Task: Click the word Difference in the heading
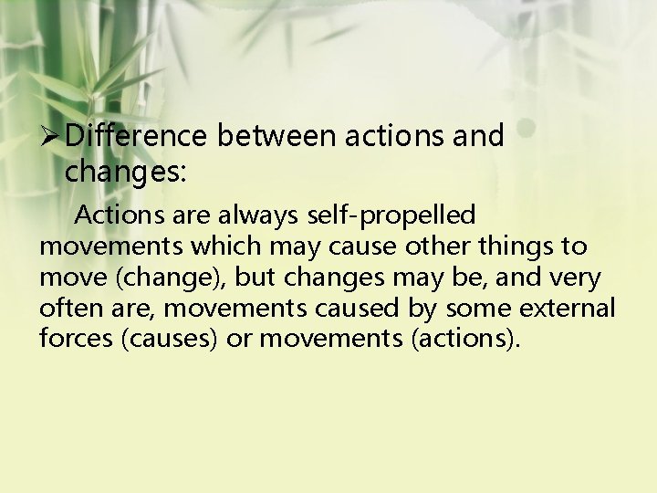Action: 137,137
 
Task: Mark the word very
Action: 572,278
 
